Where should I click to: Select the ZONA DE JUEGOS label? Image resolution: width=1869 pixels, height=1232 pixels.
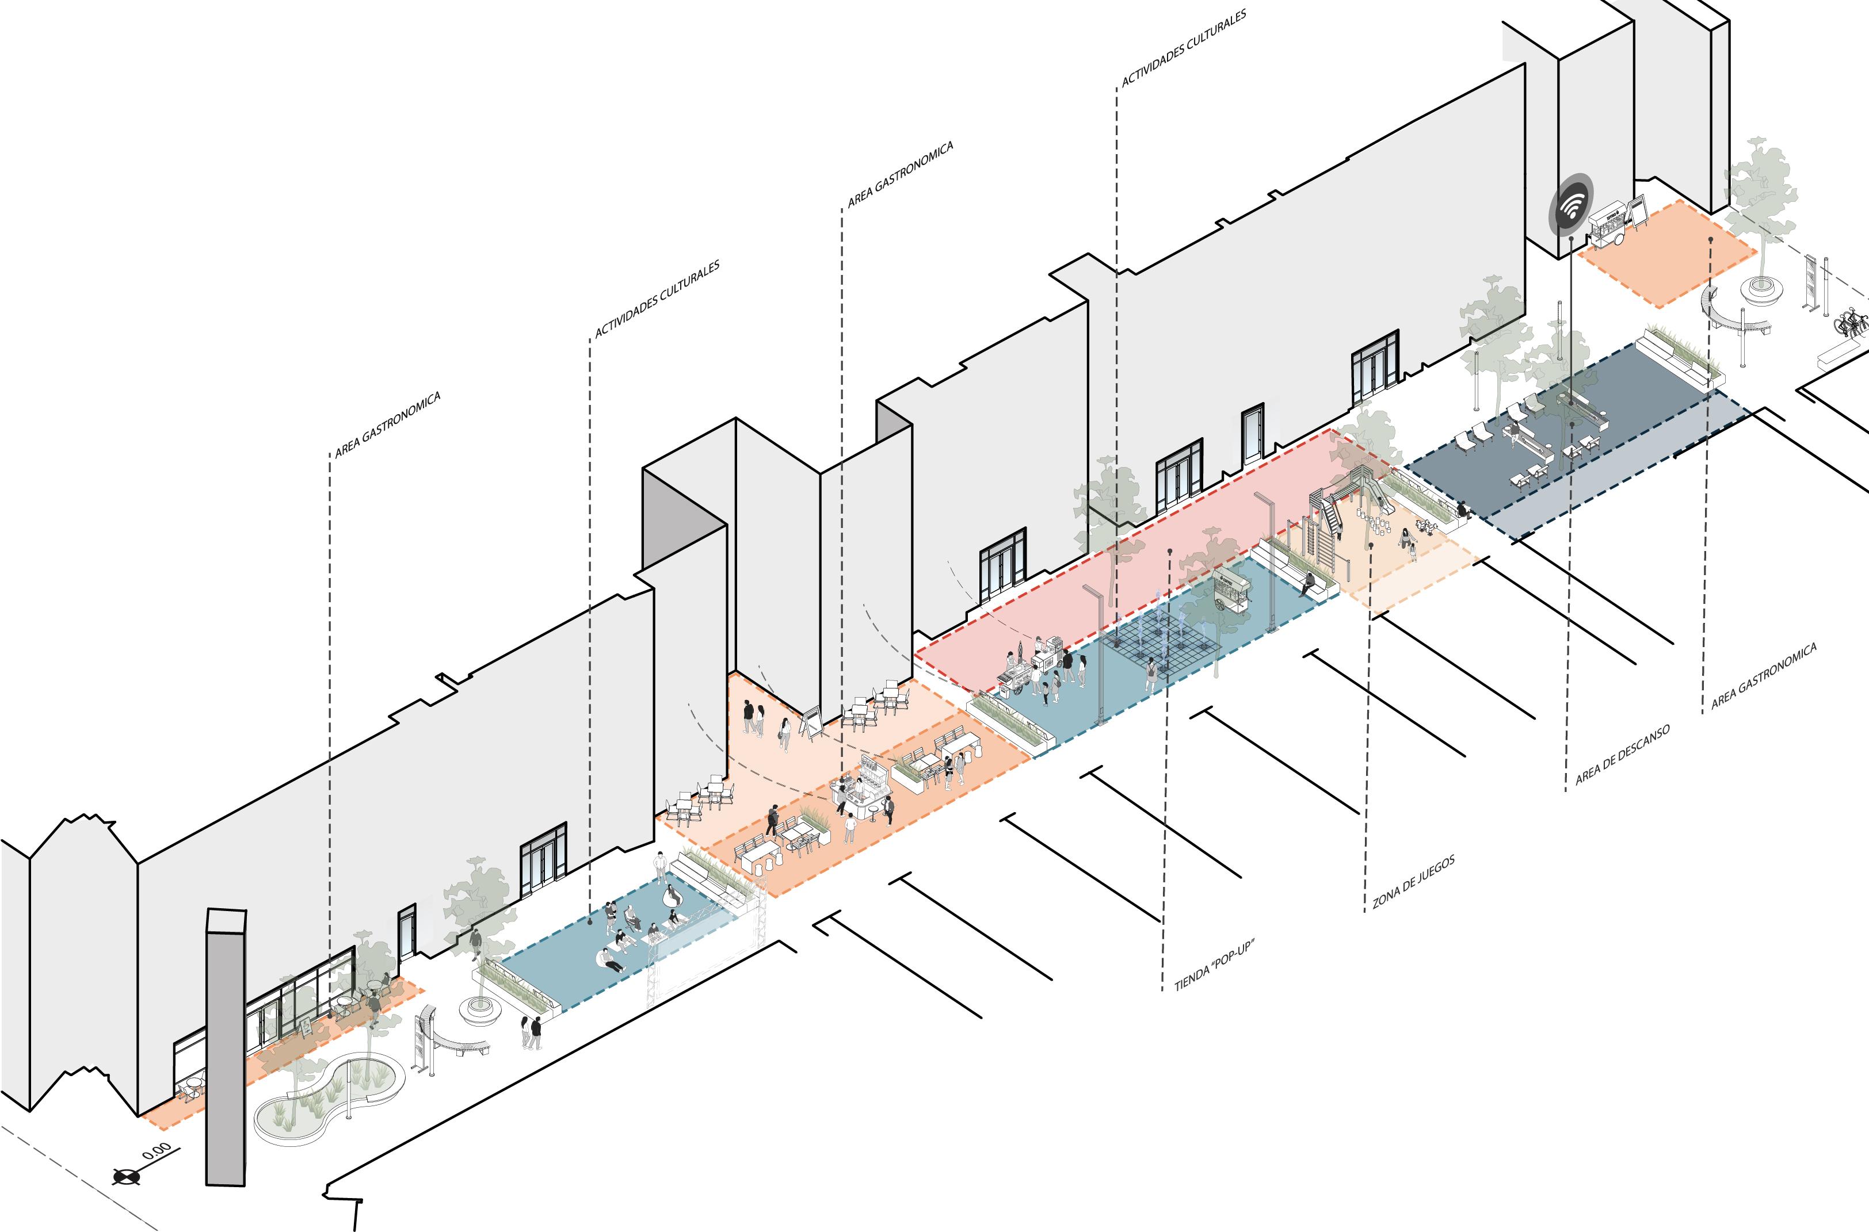pyautogui.click(x=1413, y=882)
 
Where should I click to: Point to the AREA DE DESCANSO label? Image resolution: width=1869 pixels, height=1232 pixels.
pyautogui.click(x=1622, y=755)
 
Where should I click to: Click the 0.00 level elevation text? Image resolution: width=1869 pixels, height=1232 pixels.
pyautogui.click(x=157, y=1151)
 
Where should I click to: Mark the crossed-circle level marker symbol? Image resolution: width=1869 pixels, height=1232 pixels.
pyautogui.click(x=127, y=1176)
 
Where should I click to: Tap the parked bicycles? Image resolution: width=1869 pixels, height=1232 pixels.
pyautogui.click(x=1851, y=322)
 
